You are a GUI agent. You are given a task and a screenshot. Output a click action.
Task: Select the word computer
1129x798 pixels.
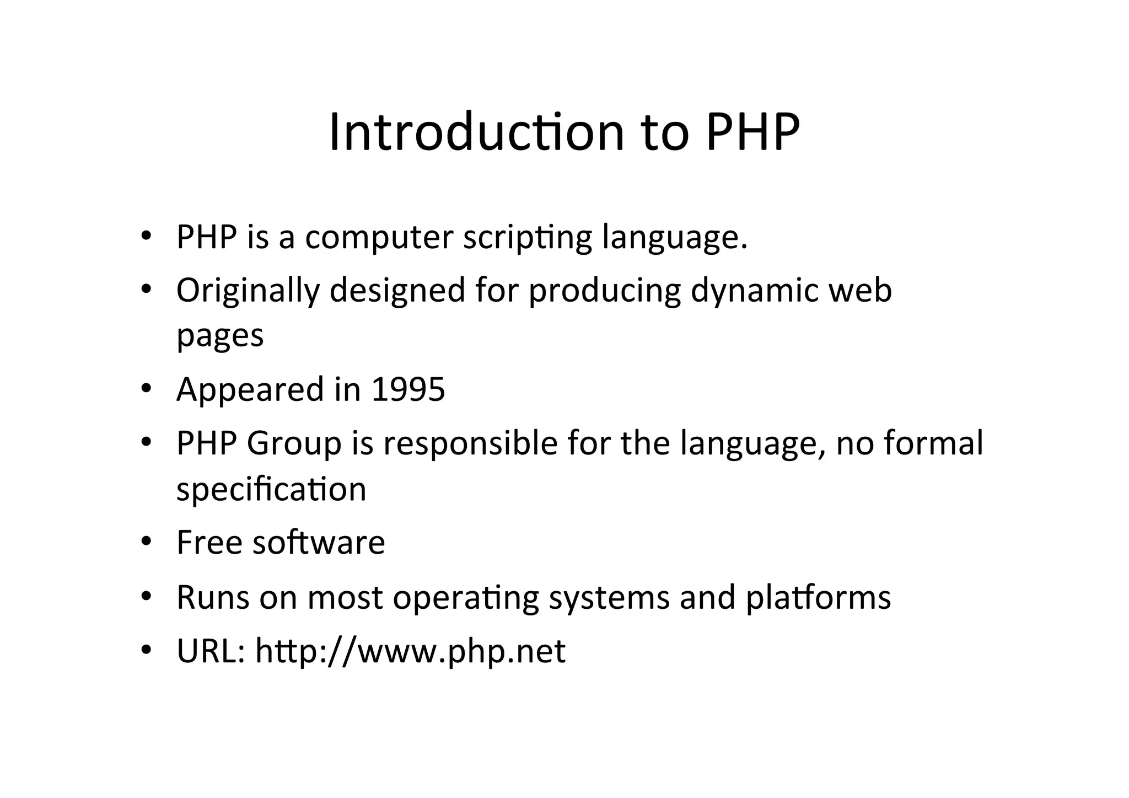point(379,238)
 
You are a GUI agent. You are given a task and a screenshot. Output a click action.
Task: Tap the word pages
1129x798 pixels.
point(220,335)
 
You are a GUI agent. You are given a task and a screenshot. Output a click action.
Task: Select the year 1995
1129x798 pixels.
point(408,389)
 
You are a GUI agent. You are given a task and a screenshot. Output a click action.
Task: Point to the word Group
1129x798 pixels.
point(294,443)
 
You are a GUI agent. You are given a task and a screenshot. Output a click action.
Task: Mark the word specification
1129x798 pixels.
point(271,489)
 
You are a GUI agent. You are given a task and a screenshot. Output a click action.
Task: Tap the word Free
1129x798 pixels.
point(209,542)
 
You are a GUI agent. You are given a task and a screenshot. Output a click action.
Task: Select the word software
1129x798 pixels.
point(319,542)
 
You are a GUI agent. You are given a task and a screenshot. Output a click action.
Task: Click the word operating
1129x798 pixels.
point(465,597)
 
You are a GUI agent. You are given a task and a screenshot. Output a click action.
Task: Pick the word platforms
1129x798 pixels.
point(818,597)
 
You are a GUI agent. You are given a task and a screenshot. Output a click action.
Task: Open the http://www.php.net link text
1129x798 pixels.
point(410,651)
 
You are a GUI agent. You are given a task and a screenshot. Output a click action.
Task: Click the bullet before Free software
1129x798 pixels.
point(146,542)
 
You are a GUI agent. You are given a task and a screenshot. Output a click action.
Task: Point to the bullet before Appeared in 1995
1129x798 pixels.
point(146,389)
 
